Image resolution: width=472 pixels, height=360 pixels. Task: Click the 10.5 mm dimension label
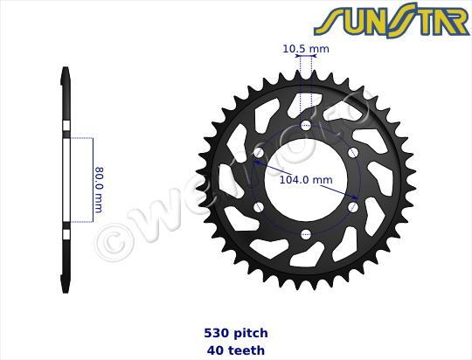306,49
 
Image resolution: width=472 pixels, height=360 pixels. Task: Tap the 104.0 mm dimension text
305,180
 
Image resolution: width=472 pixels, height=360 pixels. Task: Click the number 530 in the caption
216,333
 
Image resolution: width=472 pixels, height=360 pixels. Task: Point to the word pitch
250,333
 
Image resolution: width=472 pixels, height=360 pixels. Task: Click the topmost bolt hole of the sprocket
306,126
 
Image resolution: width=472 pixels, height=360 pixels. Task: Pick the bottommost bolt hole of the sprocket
306,234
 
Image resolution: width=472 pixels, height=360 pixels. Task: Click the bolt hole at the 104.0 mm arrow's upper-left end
259,154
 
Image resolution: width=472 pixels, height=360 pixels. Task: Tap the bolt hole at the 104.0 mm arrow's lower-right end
353,207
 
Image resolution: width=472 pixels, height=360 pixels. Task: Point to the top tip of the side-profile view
66,70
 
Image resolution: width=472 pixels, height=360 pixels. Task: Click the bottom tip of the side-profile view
66,291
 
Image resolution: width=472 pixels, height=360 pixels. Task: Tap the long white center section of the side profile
66,181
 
